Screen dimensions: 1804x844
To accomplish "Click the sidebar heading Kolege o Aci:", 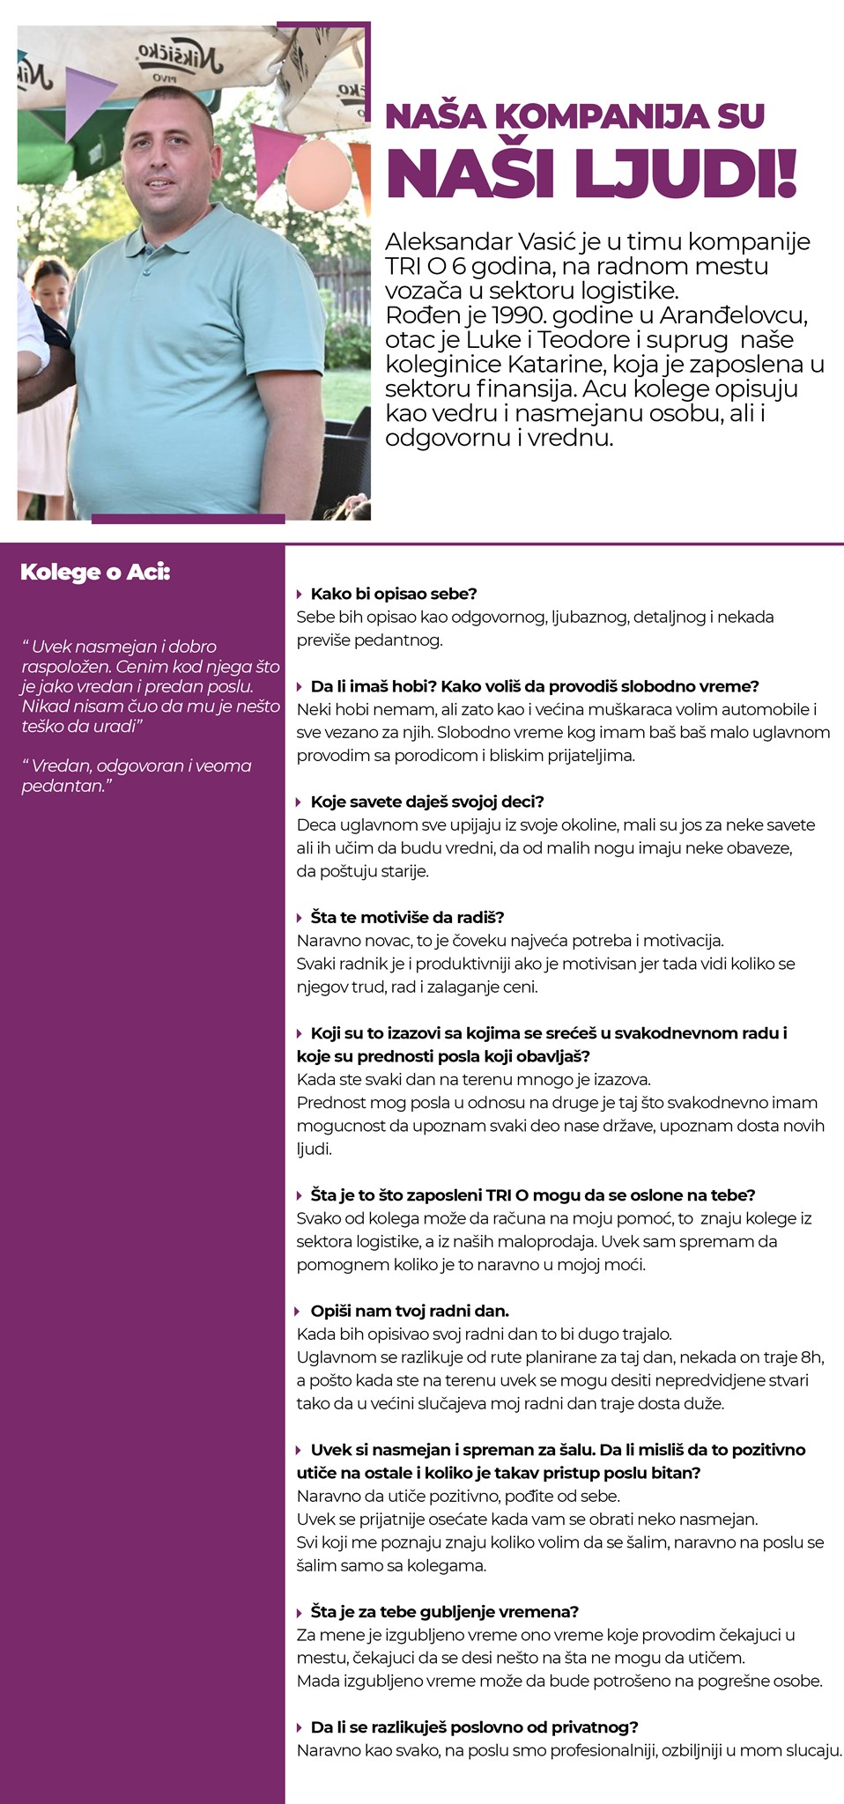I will (x=95, y=573).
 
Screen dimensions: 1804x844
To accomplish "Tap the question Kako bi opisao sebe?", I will (x=393, y=594).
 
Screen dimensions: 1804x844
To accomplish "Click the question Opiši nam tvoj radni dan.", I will (x=410, y=1311).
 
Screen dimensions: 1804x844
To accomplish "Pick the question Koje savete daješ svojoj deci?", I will (x=427, y=802).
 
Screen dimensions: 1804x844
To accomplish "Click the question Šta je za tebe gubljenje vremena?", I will (x=444, y=1612).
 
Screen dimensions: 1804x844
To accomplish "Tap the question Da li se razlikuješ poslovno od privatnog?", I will (x=474, y=1727).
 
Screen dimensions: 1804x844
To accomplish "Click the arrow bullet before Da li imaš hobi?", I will (x=300, y=687).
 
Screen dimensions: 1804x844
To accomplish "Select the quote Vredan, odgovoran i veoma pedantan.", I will (x=137, y=775).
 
